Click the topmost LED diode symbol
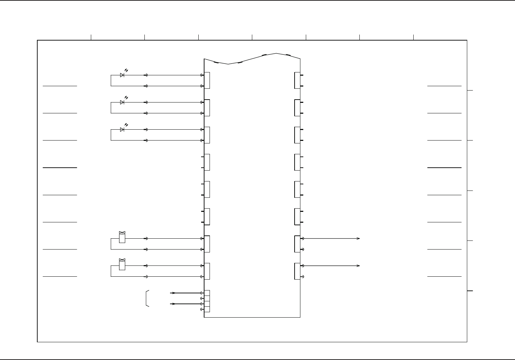coord(122,75)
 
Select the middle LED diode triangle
coord(122,102)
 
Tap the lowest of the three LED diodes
coord(122,130)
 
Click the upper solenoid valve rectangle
coord(122,239)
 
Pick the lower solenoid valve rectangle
coord(122,266)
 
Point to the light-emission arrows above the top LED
coord(126,70)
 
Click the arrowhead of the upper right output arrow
coord(358,239)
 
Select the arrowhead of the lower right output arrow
coord(358,266)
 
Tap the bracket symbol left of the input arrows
coord(147,298)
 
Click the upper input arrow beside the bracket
coord(173,293)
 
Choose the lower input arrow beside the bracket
coord(173,304)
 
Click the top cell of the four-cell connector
coord(207,293)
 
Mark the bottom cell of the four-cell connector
coord(207,309)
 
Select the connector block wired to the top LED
coord(207,80)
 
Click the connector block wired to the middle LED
coord(207,108)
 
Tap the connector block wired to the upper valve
coord(207,244)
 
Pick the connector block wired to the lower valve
coord(207,271)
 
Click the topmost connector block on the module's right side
coord(297,80)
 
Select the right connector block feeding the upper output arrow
coord(297,244)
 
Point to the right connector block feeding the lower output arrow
coord(297,271)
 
